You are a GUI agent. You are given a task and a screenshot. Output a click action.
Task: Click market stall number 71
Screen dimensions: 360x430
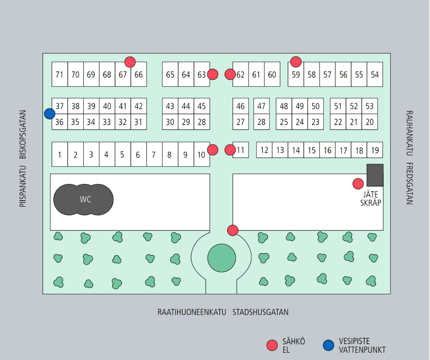pos(60,74)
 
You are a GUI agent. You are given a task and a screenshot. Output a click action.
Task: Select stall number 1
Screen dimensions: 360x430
pos(60,154)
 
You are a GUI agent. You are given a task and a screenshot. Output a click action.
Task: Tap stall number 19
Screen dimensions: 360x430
pos(375,150)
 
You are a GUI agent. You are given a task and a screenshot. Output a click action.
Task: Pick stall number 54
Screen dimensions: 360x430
pos(375,74)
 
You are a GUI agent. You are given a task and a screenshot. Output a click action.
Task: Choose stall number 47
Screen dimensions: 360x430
pos(261,106)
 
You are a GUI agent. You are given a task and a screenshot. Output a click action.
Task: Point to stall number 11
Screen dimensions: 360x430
pos(241,150)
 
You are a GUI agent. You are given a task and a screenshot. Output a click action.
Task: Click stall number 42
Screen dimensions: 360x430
pos(139,106)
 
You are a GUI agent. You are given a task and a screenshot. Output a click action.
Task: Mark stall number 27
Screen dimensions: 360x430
pos(241,122)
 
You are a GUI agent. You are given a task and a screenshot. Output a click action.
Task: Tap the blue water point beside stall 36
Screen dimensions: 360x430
pos(50,113)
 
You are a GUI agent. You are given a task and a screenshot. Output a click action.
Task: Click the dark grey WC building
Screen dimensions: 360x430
pos(83,200)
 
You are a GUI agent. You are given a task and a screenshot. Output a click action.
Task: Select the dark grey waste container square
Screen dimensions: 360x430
pos(375,175)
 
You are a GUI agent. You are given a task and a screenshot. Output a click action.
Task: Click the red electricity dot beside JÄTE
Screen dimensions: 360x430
pos(358,184)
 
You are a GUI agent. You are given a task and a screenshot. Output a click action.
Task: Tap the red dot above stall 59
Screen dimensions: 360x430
pos(296,62)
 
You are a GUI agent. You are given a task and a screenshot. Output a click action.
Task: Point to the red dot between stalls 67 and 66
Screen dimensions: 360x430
pos(130,62)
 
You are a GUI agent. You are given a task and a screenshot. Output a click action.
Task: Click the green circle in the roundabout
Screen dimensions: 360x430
pos(221,258)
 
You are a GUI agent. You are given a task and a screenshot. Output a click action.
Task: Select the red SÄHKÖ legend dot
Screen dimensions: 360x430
pos(273,345)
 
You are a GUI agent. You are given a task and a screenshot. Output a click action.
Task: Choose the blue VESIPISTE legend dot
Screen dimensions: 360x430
pos(328,345)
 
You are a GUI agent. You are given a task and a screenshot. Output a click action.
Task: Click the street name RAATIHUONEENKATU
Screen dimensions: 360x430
pos(191,312)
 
